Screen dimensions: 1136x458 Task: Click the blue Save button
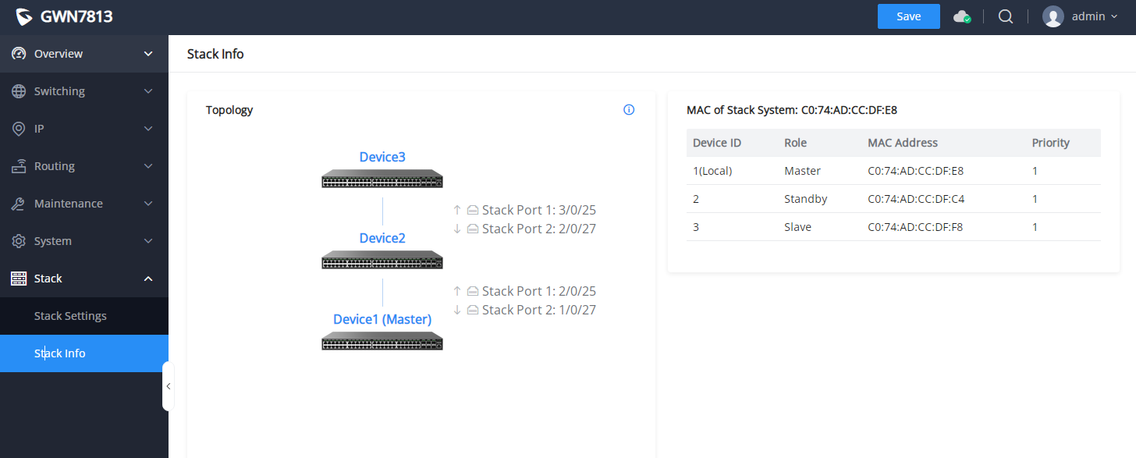click(908, 16)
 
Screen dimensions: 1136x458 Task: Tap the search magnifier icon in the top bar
click(1005, 16)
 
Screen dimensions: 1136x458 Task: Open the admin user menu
click(1080, 16)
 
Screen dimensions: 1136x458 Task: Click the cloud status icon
click(962, 16)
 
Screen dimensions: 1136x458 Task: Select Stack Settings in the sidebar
click(70, 316)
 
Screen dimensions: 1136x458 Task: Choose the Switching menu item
click(59, 91)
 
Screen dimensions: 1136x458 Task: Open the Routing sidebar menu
click(55, 166)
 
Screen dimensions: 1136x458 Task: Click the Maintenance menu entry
click(69, 204)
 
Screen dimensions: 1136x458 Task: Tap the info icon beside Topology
click(629, 109)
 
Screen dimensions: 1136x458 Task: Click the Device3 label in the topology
click(382, 158)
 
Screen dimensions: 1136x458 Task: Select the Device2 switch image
click(382, 259)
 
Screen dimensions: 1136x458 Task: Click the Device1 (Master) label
click(382, 320)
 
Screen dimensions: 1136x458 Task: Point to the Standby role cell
click(805, 199)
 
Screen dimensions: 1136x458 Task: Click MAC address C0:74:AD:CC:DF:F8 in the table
click(915, 227)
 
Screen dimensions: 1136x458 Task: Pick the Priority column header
click(1050, 143)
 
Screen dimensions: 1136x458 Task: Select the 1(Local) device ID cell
click(712, 171)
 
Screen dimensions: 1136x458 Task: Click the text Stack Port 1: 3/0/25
click(538, 210)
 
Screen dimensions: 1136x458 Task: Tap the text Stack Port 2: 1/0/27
click(538, 310)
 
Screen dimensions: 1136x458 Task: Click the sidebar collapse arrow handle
click(168, 386)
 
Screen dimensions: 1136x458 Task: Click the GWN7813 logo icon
click(24, 16)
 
